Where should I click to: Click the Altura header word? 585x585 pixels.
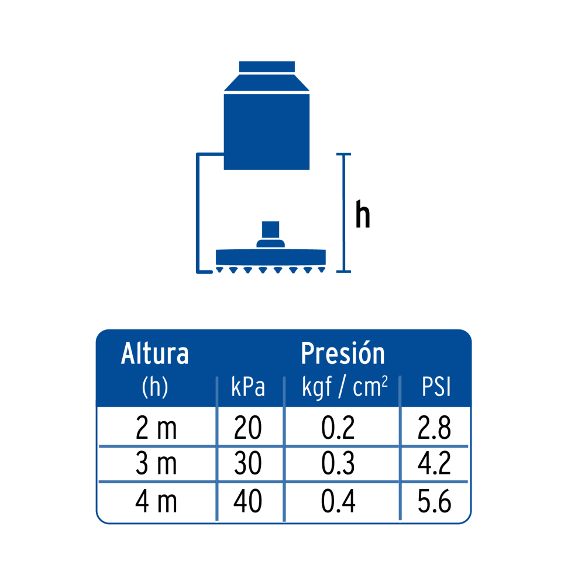[155, 353]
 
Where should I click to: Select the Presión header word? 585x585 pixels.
[342, 353]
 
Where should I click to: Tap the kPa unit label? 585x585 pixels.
[248, 387]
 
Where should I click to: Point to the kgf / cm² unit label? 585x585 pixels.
[345, 387]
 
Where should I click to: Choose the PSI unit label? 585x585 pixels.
[436, 387]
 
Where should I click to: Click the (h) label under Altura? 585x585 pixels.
[155, 387]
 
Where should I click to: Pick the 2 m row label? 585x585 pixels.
[156, 428]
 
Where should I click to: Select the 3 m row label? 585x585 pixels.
[156, 463]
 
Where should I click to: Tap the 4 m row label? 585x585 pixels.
[156, 501]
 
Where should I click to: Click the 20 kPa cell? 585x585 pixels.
[247, 428]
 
